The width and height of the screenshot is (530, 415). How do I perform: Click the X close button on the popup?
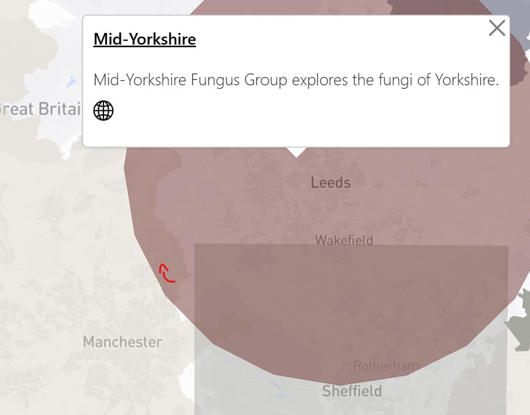[x=497, y=28]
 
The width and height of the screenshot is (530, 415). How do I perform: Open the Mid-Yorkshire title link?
[x=145, y=39]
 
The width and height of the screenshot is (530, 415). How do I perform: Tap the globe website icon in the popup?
[x=103, y=111]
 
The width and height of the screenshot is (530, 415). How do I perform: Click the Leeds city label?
[x=331, y=183]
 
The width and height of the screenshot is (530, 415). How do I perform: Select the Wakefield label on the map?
[x=344, y=240]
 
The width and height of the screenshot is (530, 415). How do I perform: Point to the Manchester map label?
[x=122, y=342]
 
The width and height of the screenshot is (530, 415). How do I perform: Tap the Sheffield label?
[x=352, y=391]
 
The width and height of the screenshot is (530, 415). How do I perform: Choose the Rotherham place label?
[x=386, y=366]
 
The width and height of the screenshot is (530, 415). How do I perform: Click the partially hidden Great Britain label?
[x=40, y=109]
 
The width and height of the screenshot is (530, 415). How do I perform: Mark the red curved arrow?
[x=167, y=273]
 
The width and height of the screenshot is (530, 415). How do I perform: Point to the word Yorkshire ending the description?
[x=466, y=81]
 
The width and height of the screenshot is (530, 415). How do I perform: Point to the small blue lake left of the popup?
[x=72, y=82]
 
